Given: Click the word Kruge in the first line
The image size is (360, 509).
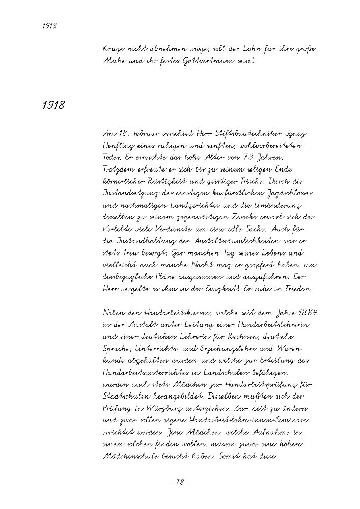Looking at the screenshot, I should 113,49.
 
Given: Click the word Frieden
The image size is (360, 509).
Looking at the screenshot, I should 300,289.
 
